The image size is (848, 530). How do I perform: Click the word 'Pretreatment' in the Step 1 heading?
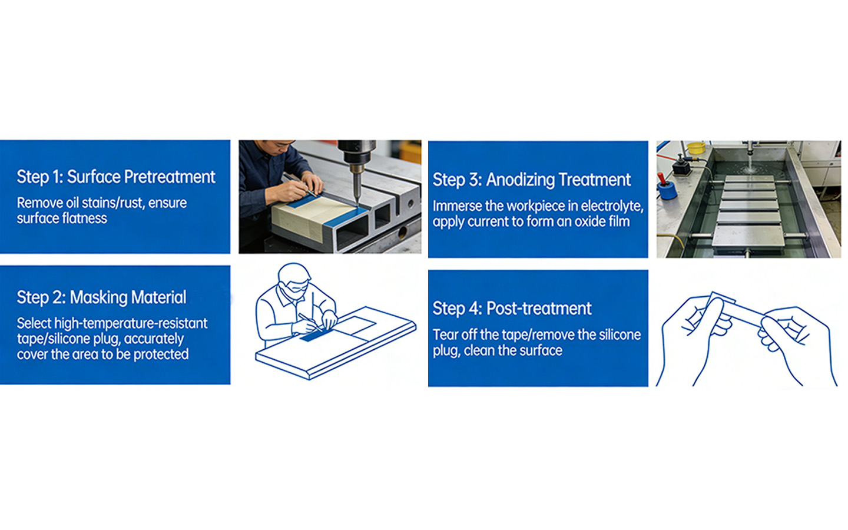tap(170, 177)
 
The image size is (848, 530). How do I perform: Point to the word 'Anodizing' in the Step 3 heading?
tap(519, 180)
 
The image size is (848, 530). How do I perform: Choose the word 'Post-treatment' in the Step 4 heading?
tap(539, 309)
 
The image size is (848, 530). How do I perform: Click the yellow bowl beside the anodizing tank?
tap(696, 148)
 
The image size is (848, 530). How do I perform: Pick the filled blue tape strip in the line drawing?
tap(316, 336)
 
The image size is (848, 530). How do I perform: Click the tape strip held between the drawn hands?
tap(737, 311)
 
